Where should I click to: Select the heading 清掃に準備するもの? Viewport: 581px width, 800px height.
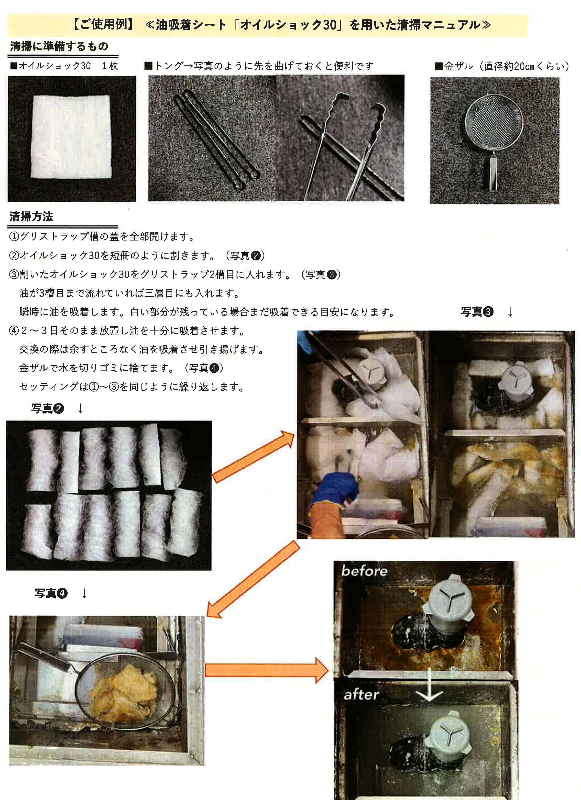pyautogui.click(x=59, y=46)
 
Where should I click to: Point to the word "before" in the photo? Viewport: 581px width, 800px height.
pyautogui.click(x=364, y=571)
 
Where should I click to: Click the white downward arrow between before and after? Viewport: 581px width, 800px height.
pyautogui.click(x=429, y=685)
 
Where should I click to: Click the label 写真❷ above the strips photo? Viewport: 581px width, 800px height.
pyautogui.click(x=47, y=408)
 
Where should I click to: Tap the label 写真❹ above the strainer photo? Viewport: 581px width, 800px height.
pyautogui.click(x=51, y=593)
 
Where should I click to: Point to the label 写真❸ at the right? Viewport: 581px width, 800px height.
pyautogui.click(x=477, y=311)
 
